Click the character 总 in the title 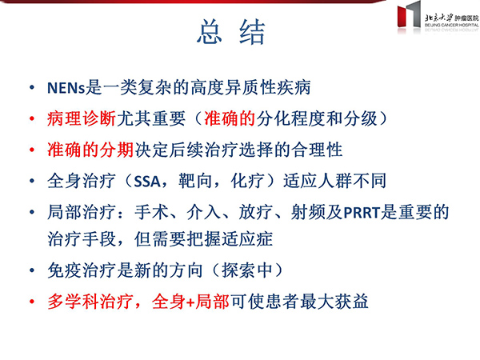[x=210, y=31]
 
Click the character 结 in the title [x=252, y=32]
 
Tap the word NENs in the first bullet [x=66, y=88]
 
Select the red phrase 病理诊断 [x=82, y=118]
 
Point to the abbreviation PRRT [x=362, y=213]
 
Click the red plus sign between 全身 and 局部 [x=190, y=302]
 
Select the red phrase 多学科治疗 [x=90, y=302]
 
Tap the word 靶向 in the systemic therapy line [x=195, y=181]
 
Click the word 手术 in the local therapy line [x=151, y=212]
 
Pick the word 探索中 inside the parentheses [x=247, y=270]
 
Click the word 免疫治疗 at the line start [x=82, y=270]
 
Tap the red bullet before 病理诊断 [x=32, y=118]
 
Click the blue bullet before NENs [x=32, y=88]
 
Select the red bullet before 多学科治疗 [x=32, y=302]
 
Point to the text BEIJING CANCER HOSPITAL [x=451, y=25]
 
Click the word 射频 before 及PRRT [x=308, y=212]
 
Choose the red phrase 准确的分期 [x=90, y=150]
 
